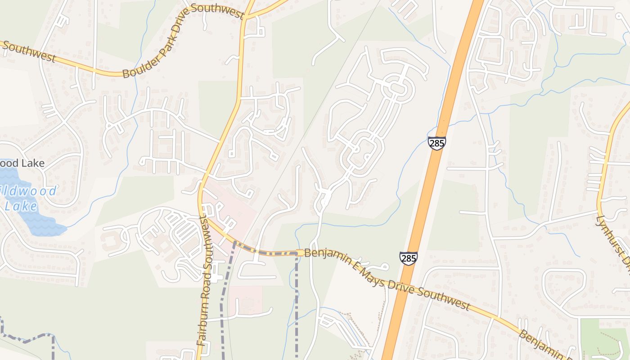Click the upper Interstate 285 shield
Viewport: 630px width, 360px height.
[x=436, y=144]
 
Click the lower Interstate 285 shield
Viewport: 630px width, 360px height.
[x=408, y=258]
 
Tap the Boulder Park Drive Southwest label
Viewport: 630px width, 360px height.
[x=183, y=41]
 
